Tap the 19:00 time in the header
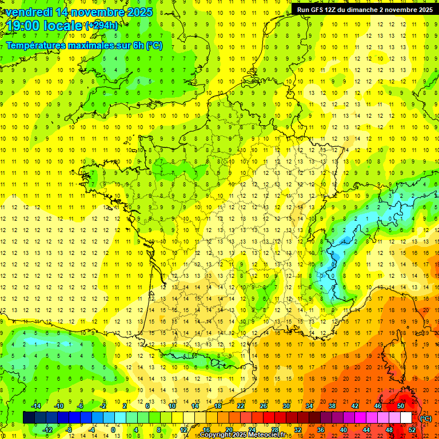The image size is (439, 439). click(21, 26)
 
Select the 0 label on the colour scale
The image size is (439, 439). click(113, 429)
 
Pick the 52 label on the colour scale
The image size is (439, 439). click(412, 429)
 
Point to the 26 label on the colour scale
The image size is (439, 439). click(264, 405)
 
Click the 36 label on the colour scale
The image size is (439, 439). click(320, 429)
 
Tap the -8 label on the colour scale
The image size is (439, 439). click(69, 429)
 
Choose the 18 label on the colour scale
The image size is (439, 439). click(218, 405)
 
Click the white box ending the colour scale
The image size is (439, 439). click(406, 417)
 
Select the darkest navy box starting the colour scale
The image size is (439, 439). click(29, 417)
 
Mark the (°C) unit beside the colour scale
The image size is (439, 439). click(425, 418)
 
